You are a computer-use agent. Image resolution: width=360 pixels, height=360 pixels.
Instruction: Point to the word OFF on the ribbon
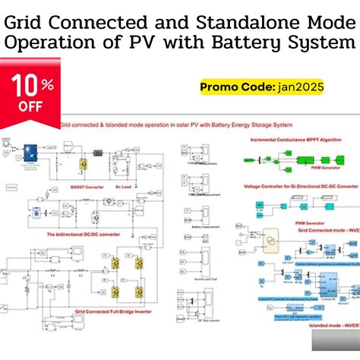pos(30,107)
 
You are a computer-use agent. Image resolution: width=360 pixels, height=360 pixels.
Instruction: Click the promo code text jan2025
pos(300,87)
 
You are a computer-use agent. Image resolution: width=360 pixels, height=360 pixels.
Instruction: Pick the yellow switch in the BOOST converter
pos(84,163)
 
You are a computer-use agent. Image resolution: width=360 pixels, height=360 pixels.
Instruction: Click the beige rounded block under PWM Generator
pos(270,241)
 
